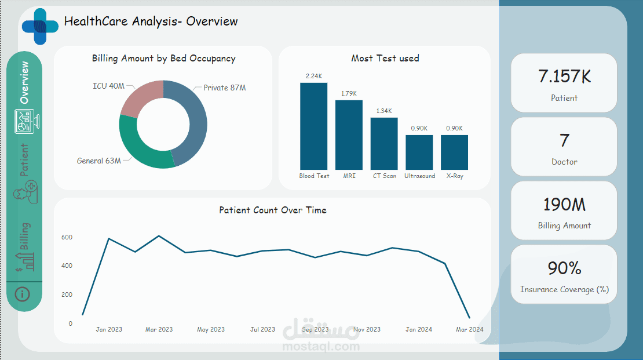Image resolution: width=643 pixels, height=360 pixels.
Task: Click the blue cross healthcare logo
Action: coord(40,26)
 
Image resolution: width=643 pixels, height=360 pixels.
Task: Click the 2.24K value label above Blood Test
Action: coord(313,76)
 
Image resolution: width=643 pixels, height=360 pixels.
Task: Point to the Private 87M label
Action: coord(225,88)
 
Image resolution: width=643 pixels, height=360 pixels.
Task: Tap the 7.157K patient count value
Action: coord(564,76)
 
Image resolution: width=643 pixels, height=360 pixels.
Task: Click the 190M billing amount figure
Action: coord(564,204)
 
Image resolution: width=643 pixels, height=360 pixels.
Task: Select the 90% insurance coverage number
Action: coord(564,268)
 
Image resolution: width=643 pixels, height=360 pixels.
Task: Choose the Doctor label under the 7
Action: coord(564,162)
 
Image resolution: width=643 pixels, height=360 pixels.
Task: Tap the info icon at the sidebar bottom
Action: coord(23,294)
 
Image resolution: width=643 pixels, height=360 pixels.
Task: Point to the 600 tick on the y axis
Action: coord(67,237)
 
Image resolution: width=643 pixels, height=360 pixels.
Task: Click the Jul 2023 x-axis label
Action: coord(262,329)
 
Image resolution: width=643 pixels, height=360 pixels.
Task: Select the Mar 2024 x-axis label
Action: coord(469,329)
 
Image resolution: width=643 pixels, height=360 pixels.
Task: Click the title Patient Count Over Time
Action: coord(272,210)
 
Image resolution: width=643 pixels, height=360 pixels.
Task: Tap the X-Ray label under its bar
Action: coord(454,176)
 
